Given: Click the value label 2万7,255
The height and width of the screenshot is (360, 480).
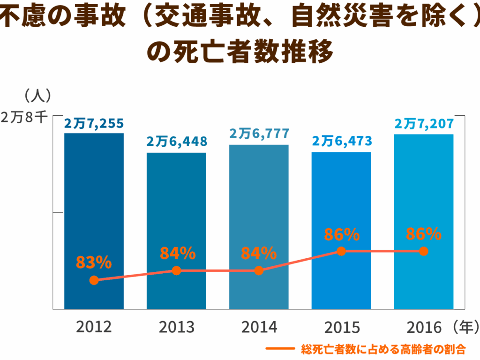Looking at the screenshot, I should (94, 123).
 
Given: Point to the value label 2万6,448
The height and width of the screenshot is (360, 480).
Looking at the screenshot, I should (176, 141).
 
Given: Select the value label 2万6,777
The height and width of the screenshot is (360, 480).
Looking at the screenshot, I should (259, 134).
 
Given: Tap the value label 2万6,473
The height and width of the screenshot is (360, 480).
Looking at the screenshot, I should (341, 141).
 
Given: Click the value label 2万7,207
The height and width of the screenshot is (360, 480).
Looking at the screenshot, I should (424, 124).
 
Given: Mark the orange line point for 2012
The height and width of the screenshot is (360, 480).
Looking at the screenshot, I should (94, 280).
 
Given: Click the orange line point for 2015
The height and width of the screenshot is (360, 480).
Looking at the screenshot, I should (341, 251).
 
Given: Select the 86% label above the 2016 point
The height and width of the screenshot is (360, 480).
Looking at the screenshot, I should (424, 233).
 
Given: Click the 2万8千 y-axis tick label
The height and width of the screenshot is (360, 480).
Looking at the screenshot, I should (23, 118).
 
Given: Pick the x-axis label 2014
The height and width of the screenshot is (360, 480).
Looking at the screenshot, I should (259, 327).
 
